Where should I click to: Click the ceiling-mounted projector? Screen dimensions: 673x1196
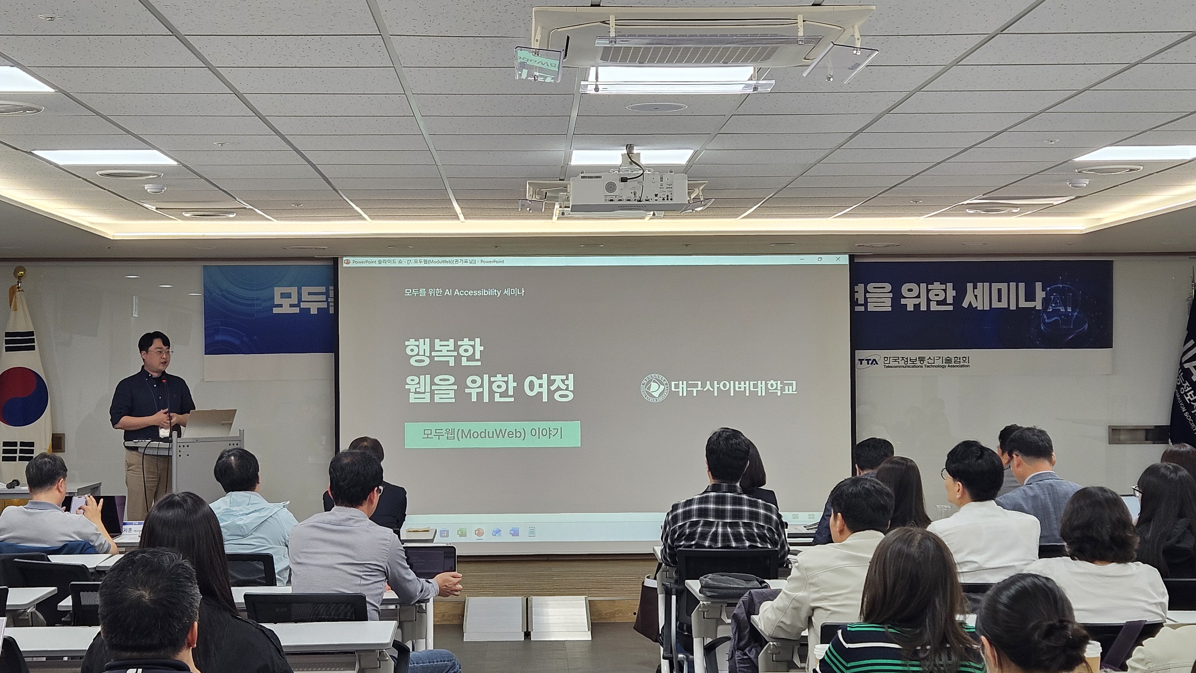tap(628, 191)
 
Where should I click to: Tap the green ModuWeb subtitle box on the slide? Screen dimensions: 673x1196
tap(492, 434)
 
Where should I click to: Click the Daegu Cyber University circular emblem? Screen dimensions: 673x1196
tap(654, 388)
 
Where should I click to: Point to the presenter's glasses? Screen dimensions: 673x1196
tap(160, 352)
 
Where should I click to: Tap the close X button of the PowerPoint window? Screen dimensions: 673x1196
tap(838, 259)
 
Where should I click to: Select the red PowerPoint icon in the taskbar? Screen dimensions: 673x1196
tap(479, 532)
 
